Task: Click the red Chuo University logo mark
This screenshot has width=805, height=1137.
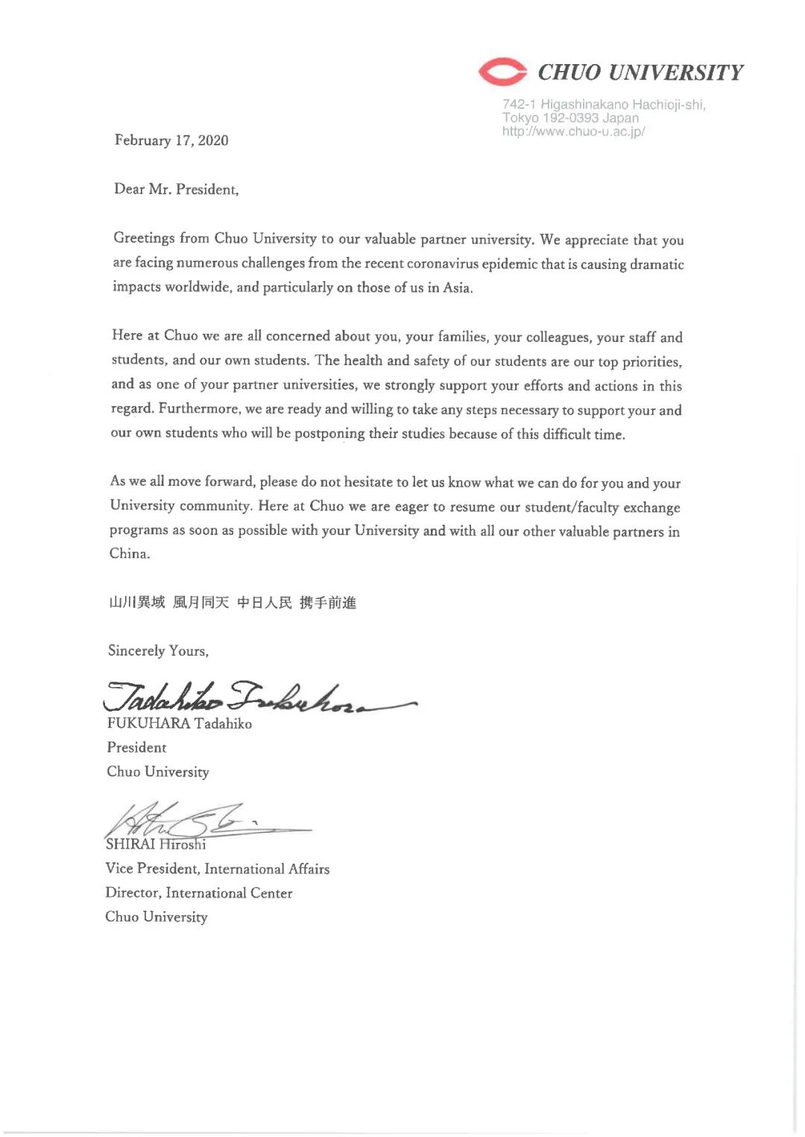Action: [x=502, y=72]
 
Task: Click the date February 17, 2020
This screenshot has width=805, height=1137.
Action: [x=171, y=140]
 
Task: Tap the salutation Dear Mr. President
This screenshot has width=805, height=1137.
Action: [x=176, y=189]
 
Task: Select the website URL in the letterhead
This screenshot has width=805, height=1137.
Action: [x=573, y=132]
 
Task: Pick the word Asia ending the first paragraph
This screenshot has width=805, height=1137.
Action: [x=457, y=288]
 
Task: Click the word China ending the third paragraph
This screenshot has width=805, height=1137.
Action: [x=129, y=554]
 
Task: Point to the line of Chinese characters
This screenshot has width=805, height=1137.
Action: [x=233, y=602]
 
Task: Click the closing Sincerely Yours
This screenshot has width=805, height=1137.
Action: [x=158, y=650]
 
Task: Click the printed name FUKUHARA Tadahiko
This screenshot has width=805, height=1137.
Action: [x=179, y=723]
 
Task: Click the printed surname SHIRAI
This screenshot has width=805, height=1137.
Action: [x=130, y=844]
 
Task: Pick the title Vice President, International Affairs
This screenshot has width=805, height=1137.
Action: [x=217, y=869]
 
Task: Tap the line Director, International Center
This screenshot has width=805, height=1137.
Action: [x=198, y=893]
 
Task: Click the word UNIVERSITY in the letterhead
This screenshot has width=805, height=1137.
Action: [x=675, y=72]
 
